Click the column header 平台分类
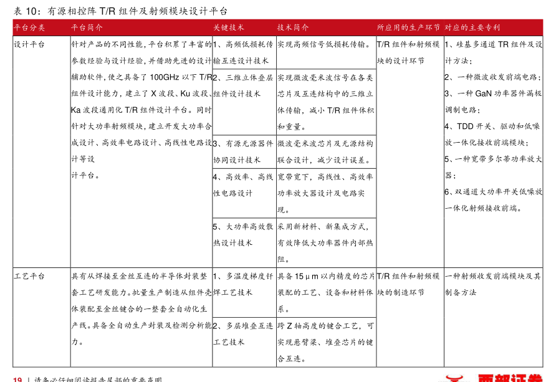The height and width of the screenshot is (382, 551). (x=29, y=28)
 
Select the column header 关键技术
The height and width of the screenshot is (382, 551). (x=229, y=28)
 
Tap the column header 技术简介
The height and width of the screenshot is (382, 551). (x=293, y=28)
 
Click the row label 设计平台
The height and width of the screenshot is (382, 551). (x=29, y=45)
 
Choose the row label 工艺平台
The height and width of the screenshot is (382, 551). (x=29, y=276)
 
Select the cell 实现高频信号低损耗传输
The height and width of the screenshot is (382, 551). (x=324, y=45)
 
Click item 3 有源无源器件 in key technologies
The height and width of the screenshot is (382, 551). (x=243, y=143)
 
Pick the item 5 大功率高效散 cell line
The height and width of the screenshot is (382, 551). (x=243, y=226)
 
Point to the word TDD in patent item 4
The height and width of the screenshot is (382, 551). (x=465, y=126)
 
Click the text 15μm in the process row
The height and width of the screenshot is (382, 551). (x=306, y=276)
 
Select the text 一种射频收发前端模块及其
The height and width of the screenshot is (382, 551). (x=492, y=276)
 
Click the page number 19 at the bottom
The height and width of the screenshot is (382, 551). (x=17, y=379)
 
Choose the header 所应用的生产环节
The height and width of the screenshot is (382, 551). (x=408, y=28)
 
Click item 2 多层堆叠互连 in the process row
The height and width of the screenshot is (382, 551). (x=243, y=325)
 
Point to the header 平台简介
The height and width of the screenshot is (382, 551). (x=87, y=28)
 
